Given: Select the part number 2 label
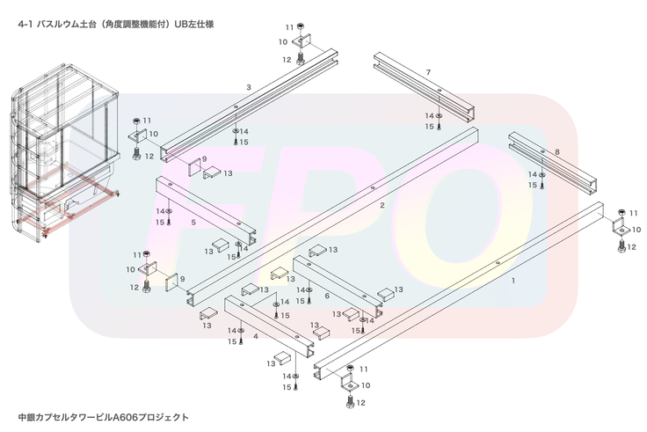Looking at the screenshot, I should click(382, 205).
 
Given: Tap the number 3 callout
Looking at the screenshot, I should click(249, 87).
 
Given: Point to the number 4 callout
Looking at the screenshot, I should click(255, 335).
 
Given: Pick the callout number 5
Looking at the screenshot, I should click(193, 223).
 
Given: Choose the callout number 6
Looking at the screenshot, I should click(327, 296).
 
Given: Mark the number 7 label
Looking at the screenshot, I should click(427, 71).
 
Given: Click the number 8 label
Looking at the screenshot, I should click(556, 152).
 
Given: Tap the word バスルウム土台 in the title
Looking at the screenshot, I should click(72, 25).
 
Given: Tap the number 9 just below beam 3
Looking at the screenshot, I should click(204, 159).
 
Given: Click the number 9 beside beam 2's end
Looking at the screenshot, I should click(182, 279).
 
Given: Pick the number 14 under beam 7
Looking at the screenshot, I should click(430, 116).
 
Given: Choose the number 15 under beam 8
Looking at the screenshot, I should click(531, 185).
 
